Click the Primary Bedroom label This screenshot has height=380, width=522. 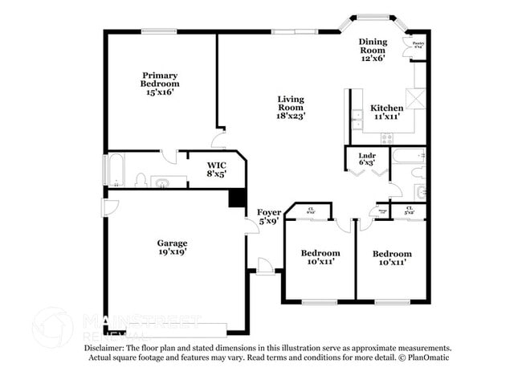(160, 83)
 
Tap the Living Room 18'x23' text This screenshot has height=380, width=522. (290, 107)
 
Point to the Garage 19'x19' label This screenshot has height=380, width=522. (172, 247)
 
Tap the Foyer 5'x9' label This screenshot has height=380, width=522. (268, 217)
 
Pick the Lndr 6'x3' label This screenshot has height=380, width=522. (367, 157)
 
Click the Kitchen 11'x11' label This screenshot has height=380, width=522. (386, 112)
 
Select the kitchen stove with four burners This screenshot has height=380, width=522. (387, 137)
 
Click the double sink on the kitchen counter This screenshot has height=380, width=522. (354, 120)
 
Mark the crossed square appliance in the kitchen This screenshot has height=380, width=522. (416, 99)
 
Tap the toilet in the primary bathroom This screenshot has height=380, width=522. (141, 179)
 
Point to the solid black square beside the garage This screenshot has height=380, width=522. (237, 198)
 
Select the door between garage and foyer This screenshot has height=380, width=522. (252, 226)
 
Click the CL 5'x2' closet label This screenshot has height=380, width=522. (410, 210)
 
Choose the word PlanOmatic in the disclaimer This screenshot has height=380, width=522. (430, 358)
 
